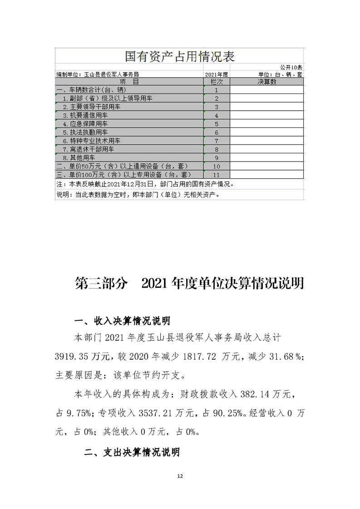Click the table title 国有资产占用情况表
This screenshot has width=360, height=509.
tap(179, 56)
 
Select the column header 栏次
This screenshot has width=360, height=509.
tap(217, 81)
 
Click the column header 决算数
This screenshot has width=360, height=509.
tap(266, 81)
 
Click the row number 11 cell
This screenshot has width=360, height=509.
tap(217, 175)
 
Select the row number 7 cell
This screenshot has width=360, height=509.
tap(217, 141)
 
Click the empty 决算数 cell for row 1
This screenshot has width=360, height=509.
tap(266, 90)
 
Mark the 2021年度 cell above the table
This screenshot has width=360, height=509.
tap(216, 74)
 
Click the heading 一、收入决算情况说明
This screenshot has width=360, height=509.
tap(122, 321)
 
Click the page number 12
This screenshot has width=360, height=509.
tap(180, 476)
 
